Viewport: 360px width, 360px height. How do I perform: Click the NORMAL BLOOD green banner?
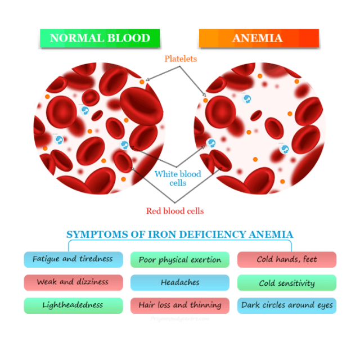100,38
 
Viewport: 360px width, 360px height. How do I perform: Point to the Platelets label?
181,58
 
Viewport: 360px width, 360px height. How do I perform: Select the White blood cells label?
178,178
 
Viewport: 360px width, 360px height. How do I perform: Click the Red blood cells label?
175,211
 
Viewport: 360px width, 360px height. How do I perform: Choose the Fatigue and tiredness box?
73,259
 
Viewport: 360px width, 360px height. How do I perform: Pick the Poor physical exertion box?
180,259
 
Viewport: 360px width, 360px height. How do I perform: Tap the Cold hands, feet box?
287,259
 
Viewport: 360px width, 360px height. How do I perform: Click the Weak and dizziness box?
73,282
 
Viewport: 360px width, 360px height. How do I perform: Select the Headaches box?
180,282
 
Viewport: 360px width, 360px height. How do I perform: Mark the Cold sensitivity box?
287,283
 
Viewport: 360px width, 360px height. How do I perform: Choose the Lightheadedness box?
73,305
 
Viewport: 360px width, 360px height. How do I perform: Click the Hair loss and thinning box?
180,305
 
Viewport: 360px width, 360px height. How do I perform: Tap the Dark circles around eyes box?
287,305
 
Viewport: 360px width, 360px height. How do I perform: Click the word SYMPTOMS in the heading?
93,234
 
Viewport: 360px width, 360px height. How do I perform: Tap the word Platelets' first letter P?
166,58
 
